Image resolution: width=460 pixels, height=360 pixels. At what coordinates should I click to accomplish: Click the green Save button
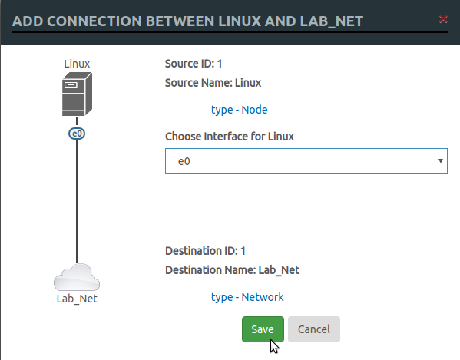click(263, 329)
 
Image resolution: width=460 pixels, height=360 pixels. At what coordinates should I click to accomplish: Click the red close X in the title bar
click(443, 19)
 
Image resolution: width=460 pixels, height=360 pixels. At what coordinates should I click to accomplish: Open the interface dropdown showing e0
click(306, 161)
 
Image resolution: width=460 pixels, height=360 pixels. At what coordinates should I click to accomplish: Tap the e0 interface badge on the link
click(77, 134)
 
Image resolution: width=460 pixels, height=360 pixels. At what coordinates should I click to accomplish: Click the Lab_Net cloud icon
click(77, 276)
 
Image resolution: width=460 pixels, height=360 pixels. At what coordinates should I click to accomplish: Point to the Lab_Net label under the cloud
click(77, 299)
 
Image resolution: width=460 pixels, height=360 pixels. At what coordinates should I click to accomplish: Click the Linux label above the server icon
click(77, 63)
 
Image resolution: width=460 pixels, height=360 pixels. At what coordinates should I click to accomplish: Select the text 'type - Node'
click(239, 110)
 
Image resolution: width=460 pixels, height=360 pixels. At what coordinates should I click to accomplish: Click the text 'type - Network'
click(247, 297)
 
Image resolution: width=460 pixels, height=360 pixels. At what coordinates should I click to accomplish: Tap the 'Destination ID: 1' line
click(205, 251)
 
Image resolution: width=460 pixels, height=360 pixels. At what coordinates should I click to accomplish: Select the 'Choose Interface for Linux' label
click(230, 137)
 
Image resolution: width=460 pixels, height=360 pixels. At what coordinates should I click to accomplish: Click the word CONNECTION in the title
click(91, 20)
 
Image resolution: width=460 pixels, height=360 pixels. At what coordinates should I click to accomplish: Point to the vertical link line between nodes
click(77, 200)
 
